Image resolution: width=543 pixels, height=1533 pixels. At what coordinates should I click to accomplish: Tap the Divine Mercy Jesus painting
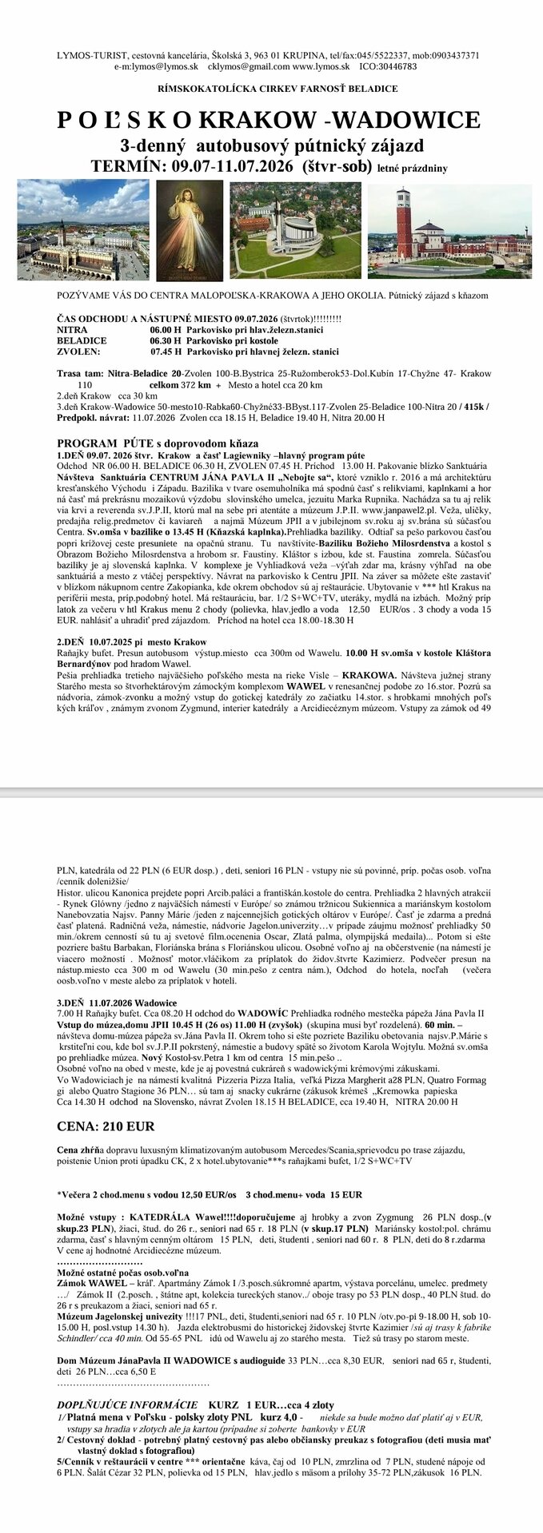pyautogui.click(x=190, y=228)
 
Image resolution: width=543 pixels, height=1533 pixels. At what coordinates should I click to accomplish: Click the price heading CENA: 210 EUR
pyautogui.click(x=106, y=1126)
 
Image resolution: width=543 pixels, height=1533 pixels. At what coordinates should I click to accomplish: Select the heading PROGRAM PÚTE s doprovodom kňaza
pyautogui.click(x=158, y=443)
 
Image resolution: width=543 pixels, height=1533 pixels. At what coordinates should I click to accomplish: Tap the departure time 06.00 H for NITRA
pyautogui.click(x=166, y=328)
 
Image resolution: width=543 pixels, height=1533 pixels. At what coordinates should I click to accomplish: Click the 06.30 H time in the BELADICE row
pyautogui.click(x=166, y=340)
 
